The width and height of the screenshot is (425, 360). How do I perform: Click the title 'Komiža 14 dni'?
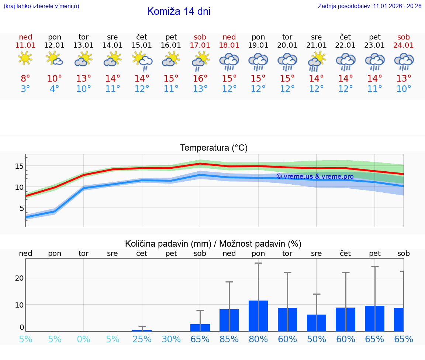pyautogui.click(x=179, y=11)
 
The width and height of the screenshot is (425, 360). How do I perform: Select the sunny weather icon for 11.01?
pyautogui.click(x=25, y=58)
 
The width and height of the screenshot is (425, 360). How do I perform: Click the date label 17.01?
pyautogui.click(x=200, y=45)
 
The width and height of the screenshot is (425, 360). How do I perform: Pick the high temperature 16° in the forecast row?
pyautogui.click(x=200, y=79)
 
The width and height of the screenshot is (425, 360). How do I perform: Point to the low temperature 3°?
pyautogui.click(x=25, y=89)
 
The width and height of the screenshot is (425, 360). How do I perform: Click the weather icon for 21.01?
pyautogui.click(x=316, y=61)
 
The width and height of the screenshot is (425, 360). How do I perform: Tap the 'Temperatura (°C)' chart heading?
pyautogui.click(x=214, y=148)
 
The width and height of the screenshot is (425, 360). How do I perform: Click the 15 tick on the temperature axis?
pyautogui.click(x=19, y=166)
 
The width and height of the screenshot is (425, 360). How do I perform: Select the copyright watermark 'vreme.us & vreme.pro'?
pyautogui.click(x=315, y=176)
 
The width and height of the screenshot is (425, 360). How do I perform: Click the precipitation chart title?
pyautogui.click(x=213, y=244)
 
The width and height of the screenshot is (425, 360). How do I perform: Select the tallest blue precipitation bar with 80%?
pyautogui.click(x=258, y=316)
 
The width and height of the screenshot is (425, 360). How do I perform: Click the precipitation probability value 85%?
pyautogui.click(x=229, y=339)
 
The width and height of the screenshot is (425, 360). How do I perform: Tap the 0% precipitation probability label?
pyautogui.click(x=84, y=339)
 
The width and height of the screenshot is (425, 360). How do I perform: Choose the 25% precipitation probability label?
pyautogui.click(x=142, y=339)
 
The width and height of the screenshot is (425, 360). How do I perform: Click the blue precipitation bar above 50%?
pyautogui.click(x=317, y=323)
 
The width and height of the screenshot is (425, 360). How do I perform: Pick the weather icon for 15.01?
pyautogui.click(x=142, y=61)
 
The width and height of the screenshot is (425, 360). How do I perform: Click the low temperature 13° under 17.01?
pyautogui.click(x=200, y=89)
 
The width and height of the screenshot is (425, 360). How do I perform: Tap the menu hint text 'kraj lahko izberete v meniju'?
pyautogui.click(x=41, y=6)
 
